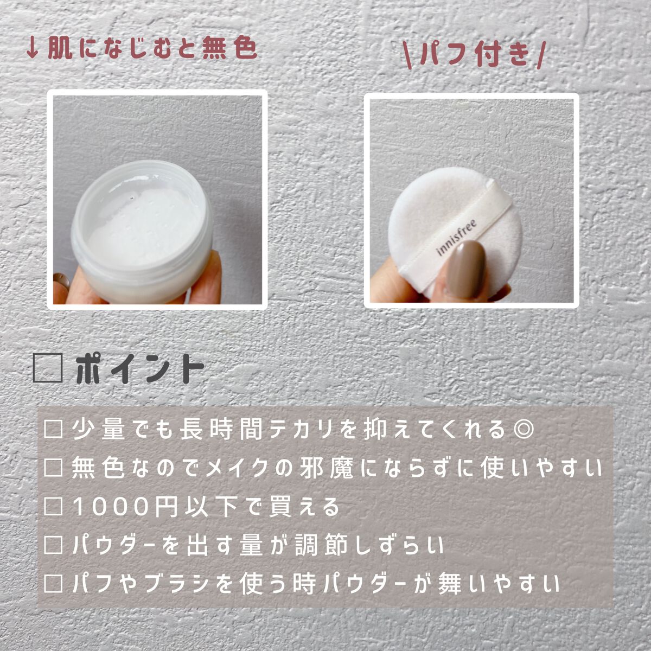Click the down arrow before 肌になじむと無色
point(32,49)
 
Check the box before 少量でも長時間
point(54,430)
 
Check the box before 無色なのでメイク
point(54,468)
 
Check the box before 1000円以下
point(54,507)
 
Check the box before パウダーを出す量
point(54,546)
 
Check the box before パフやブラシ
point(54,584)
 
